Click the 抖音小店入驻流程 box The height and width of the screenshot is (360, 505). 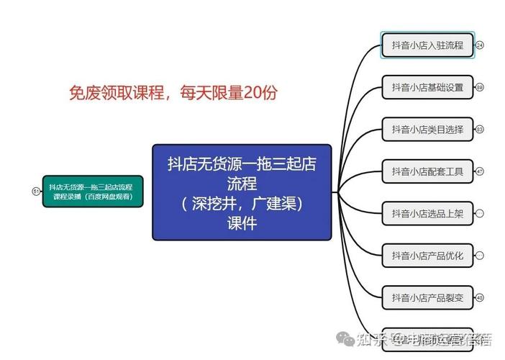click(x=427, y=45)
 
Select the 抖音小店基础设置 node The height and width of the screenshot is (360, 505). click(x=427, y=88)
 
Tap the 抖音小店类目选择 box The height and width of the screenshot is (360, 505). click(x=427, y=130)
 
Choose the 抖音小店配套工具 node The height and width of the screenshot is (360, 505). click(x=427, y=171)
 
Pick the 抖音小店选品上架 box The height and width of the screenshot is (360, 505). click(x=427, y=214)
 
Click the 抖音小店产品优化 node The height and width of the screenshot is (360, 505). click(x=427, y=256)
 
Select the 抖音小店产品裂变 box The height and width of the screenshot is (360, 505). click(x=427, y=297)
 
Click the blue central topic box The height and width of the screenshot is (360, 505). click(x=242, y=192)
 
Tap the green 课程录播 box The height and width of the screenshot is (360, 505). click(x=92, y=192)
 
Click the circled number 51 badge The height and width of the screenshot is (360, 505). click(x=35, y=192)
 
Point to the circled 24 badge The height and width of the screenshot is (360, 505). click(x=480, y=45)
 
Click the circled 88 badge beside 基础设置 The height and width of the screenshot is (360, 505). click(x=480, y=88)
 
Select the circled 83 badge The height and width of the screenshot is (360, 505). click(x=480, y=130)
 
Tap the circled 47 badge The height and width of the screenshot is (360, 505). click(x=480, y=171)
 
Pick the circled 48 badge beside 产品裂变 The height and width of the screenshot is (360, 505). click(x=480, y=297)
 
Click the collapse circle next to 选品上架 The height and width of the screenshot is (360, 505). click(x=480, y=214)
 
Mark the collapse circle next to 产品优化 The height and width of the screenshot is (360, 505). click(x=480, y=256)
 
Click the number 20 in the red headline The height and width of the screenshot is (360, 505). click(x=252, y=92)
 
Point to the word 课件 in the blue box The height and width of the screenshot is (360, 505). click(x=242, y=224)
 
